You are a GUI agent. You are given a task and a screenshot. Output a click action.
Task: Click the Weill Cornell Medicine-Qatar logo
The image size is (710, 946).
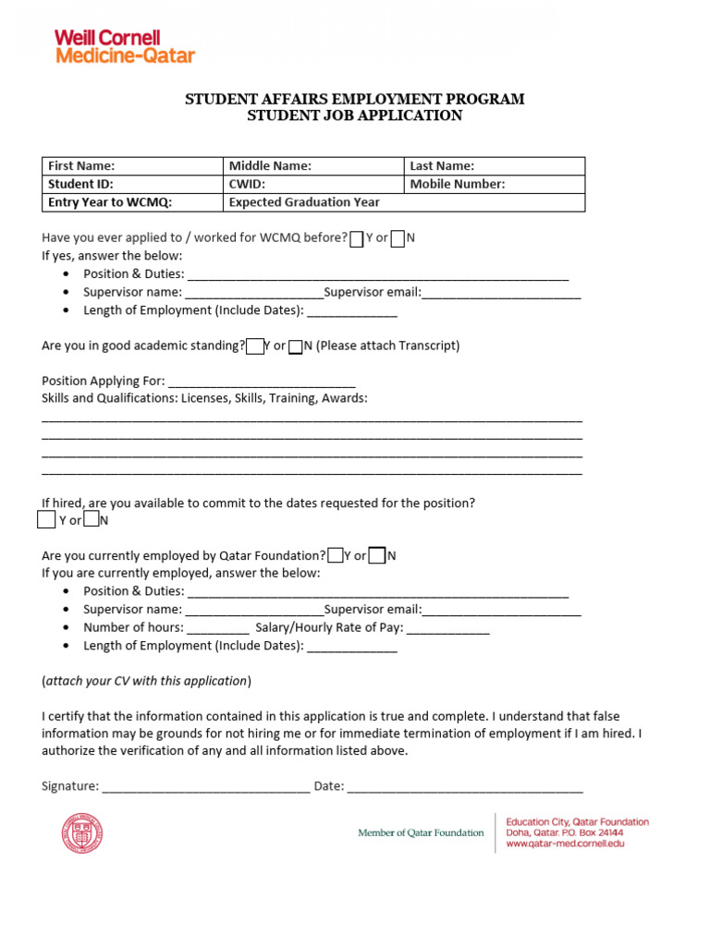[125, 46]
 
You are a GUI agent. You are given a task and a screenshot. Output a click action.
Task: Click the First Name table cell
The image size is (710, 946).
[132, 166]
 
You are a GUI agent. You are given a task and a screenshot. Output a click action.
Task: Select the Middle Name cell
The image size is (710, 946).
[313, 166]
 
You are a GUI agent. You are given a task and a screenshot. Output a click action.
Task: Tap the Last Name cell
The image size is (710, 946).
[495, 166]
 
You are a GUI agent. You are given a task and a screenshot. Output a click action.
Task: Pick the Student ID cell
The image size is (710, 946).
[132, 184]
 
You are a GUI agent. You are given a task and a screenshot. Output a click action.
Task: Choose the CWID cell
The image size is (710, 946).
[313, 184]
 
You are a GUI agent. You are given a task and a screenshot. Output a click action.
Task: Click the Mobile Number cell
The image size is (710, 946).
[495, 184]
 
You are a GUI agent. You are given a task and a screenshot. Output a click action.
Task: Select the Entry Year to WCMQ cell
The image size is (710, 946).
[132, 202]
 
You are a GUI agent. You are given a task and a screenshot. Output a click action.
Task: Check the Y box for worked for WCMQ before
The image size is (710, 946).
[357, 238]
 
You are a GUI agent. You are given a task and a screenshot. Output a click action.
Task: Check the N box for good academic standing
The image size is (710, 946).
[295, 346]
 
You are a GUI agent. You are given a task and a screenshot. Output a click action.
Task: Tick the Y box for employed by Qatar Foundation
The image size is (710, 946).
[337, 555]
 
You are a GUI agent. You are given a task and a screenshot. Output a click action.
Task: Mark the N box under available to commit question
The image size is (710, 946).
[92, 520]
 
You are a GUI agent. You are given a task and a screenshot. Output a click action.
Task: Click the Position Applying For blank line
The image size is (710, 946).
[263, 382]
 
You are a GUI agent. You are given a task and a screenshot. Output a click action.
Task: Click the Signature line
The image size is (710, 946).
[205, 787]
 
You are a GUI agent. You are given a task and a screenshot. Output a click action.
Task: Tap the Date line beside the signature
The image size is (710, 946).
[465, 787]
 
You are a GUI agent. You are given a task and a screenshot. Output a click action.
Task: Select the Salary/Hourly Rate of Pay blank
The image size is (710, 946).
[447, 629]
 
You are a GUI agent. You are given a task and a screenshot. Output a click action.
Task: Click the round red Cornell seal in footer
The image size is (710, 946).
[82, 833]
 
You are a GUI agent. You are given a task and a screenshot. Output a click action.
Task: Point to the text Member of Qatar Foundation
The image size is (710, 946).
[421, 833]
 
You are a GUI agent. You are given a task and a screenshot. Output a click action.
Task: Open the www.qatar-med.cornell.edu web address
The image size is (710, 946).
[565, 844]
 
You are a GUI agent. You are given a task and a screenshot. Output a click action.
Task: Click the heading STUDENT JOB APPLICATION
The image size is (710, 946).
[354, 116]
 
